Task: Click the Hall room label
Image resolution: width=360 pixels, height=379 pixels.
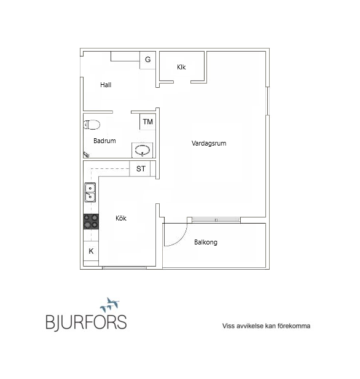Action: coord(106,85)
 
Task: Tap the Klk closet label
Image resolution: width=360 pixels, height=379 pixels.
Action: coord(181,67)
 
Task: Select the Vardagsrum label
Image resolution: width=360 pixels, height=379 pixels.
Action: coord(209,143)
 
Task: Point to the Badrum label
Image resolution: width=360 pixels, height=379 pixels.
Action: coord(104,141)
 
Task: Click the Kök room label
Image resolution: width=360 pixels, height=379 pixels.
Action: coord(121,218)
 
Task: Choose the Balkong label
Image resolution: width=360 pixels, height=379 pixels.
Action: coord(206,242)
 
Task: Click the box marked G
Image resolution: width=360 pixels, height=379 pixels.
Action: coord(147,60)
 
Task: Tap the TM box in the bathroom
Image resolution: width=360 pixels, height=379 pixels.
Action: coord(147,122)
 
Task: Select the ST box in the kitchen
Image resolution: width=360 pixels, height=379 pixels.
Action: coord(140,168)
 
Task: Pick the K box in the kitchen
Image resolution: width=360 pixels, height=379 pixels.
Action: coord(91,251)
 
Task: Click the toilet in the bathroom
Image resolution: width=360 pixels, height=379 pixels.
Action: coord(92,125)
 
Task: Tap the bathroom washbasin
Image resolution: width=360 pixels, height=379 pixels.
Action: coord(142,150)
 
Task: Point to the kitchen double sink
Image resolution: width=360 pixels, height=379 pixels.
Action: coord(90,192)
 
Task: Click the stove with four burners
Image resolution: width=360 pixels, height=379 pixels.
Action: coord(91,221)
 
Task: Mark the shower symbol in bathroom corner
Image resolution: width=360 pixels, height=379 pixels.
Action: coord(86,154)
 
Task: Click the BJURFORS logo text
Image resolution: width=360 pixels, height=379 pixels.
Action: coord(86,322)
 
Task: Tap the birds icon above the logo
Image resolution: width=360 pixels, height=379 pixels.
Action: coord(110,305)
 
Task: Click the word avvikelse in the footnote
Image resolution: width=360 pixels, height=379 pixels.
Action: coord(250,326)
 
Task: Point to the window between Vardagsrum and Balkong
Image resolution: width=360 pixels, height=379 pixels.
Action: coord(216,220)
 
